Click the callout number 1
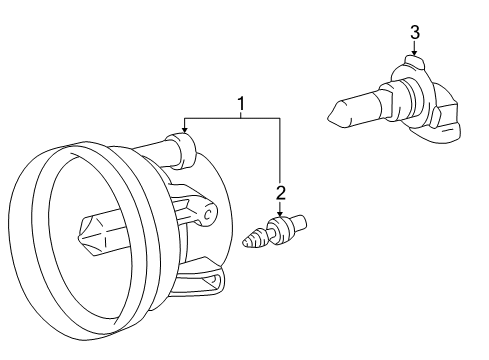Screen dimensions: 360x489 pyautogui.click(x=241, y=102)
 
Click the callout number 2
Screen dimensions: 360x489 pyautogui.click(x=281, y=191)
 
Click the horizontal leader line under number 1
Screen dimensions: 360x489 pyautogui.click(x=230, y=118)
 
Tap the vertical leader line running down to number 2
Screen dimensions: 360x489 pyautogui.click(x=281, y=150)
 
